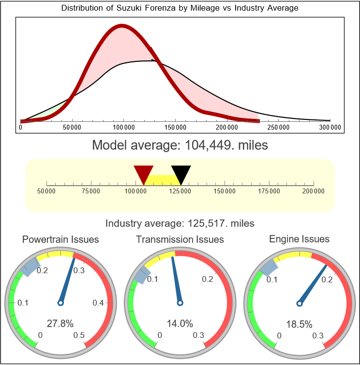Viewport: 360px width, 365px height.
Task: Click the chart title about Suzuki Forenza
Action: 180,8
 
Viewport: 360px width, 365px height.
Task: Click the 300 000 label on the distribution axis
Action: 330,128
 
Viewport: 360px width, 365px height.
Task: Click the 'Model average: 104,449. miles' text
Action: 180,145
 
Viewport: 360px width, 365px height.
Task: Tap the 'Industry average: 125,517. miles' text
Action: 180,223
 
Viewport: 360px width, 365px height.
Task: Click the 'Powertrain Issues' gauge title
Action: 61,239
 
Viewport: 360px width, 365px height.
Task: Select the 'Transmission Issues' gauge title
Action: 180,239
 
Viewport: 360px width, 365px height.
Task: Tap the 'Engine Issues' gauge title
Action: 299,239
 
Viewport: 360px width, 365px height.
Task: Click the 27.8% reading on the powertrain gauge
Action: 60,323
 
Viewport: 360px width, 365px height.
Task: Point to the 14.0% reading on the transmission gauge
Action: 180,323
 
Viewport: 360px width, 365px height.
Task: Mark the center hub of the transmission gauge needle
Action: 180,303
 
